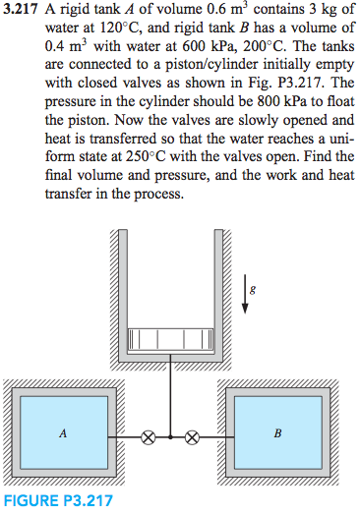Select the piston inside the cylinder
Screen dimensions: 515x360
pos(171,330)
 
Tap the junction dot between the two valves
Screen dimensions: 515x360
pos(171,434)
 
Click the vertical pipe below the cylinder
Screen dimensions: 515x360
pos(171,393)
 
